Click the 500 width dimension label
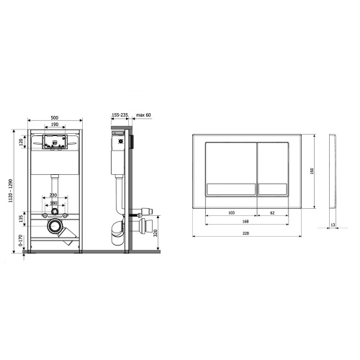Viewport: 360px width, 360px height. tap(55, 117)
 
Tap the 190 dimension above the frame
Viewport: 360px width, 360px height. tap(55, 125)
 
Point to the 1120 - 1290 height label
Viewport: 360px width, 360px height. tap(10, 191)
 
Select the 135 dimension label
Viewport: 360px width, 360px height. tap(21, 219)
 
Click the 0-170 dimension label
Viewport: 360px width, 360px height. tap(21, 240)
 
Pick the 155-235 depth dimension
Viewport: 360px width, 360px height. tap(120, 115)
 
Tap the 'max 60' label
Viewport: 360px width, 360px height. tap(143, 115)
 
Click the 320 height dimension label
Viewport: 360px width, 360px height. tap(156, 233)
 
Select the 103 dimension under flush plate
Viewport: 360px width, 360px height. tap(231, 212)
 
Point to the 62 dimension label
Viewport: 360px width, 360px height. tap(272, 212)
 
